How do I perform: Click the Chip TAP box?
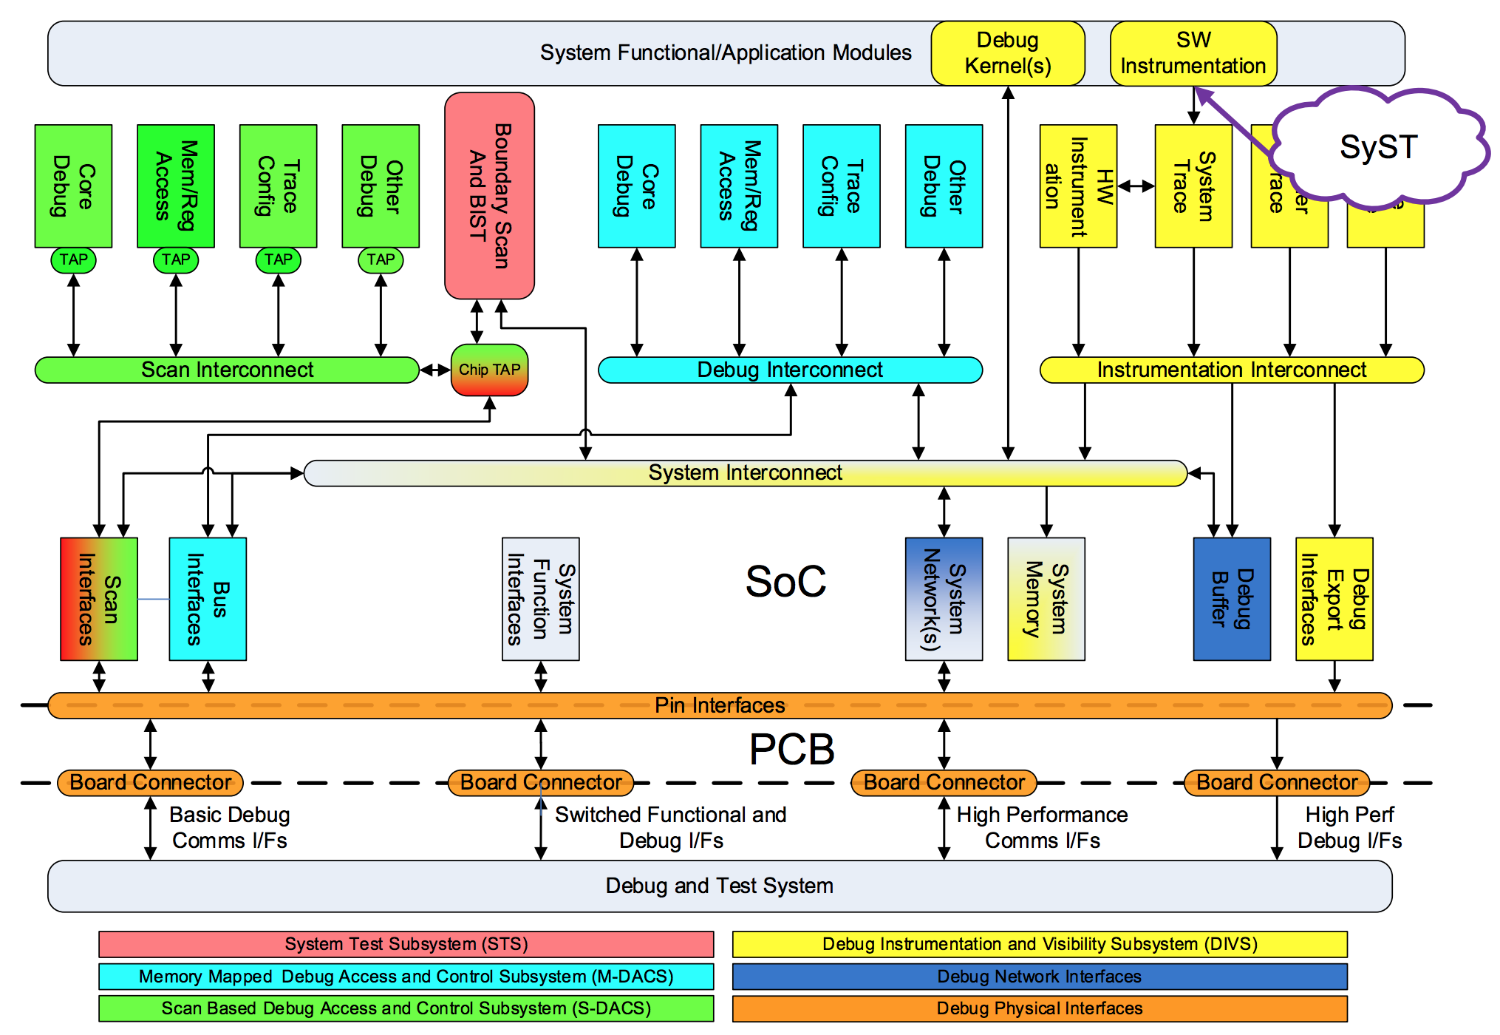(x=489, y=370)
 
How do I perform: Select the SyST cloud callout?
(x=1378, y=147)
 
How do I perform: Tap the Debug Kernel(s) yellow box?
(x=1008, y=53)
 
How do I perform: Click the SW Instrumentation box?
(x=1193, y=53)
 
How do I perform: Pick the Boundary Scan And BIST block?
(x=489, y=196)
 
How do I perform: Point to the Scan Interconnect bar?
(x=227, y=370)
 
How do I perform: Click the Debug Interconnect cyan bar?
(x=790, y=370)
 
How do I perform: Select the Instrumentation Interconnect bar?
(x=1231, y=370)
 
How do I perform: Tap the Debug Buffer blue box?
(x=1232, y=599)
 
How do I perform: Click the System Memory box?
(x=1046, y=599)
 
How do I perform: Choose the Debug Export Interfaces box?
(x=1334, y=599)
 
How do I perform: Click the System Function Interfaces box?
(x=540, y=599)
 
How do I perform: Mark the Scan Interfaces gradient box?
(x=99, y=599)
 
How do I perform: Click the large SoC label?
(x=785, y=582)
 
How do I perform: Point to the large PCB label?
(x=791, y=750)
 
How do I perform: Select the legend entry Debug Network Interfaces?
(x=1040, y=977)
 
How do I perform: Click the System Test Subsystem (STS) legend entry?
(x=406, y=944)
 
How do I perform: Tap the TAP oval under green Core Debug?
(x=73, y=259)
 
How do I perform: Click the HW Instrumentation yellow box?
(x=1078, y=186)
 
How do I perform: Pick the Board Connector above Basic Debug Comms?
(x=150, y=782)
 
